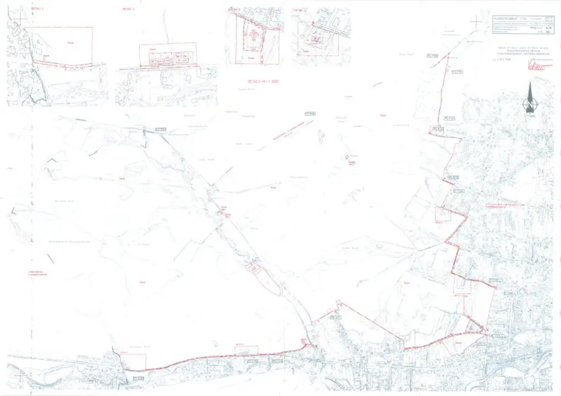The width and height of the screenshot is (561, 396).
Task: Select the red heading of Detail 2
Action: click(128, 9)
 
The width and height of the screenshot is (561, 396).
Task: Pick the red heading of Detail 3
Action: click(234, 9)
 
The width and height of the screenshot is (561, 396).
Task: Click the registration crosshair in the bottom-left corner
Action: click(21, 375)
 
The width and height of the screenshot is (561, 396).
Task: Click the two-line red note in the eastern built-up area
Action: click(501, 206)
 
